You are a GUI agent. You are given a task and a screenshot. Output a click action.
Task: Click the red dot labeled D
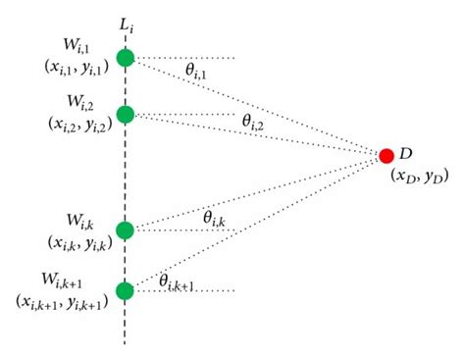tap(387, 156)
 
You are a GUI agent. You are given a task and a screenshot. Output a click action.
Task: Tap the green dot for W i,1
tap(125, 59)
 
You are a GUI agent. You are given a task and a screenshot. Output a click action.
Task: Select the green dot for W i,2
tap(125, 114)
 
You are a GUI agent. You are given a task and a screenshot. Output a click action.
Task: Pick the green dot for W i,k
tap(125, 231)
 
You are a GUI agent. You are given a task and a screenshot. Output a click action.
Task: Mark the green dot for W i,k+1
tap(125, 290)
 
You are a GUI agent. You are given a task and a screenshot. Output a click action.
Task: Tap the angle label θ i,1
tap(195, 71)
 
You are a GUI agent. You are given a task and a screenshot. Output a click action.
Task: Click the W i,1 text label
tap(79, 46)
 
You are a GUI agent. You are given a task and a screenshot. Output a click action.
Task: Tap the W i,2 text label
tap(79, 102)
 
